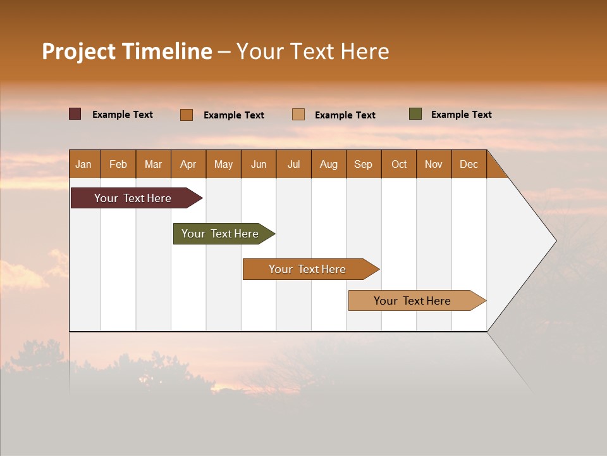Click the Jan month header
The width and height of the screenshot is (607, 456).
click(x=83, y=164)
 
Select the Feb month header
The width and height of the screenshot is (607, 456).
click(x=118, y=164)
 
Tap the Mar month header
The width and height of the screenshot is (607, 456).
click(x=153, y=164)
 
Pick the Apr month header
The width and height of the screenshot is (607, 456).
click(x=188, y=164)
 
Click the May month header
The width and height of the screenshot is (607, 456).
click(x=223, y=164)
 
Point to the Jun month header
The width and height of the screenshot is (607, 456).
click(x=259, y=164)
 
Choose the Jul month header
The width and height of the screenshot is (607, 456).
click(x=293, y=164)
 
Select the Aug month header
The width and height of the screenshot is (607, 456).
click(x=329, y=164)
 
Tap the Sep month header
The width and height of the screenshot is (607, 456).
click(x=364, y=164)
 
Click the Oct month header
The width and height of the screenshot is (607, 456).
click(x=399, y=164)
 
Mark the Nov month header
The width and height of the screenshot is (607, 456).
click(x=434, y=164)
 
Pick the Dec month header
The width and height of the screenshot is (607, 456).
click(x=469, y=164)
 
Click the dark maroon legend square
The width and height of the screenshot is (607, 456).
click(x=75, y=114)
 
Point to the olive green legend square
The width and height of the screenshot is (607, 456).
click(x=415, y=114)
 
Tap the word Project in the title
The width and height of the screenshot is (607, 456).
click(x=79, y=51)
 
